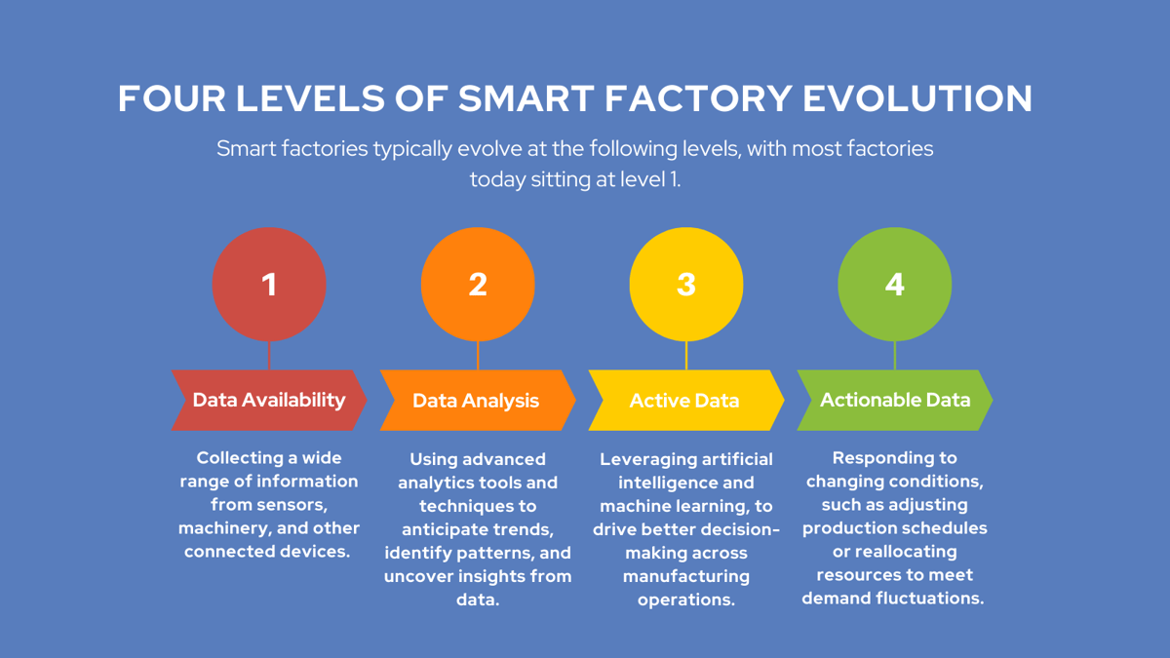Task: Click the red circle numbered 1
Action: pyautogui.click(x=269, y=285)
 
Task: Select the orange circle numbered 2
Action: pyautogui.click(x=478, y=285)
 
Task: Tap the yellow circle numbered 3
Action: pyautogui.click(x=686, y=285)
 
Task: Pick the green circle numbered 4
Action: pyautogui.click(x=895, y=285)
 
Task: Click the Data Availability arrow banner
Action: pyautogui.click(x=269, y=400)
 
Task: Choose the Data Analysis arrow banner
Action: pyautogui.click(x=476, y=401)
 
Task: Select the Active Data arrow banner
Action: pyautogui.click(x=684, y=401)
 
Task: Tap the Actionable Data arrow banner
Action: pyautogui.click(x=895, y=400)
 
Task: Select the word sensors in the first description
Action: pyautogui.click(x=291, y=505)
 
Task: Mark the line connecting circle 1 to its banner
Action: pyautogui.click(x=269, y=356)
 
